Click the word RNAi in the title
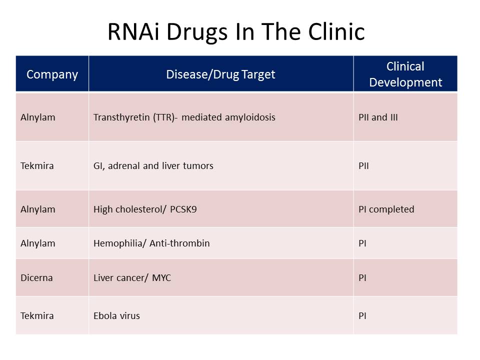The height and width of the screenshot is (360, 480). tap(133, 31)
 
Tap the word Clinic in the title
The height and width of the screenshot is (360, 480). tap(336, 31)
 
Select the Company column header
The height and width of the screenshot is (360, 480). tap(52, 74)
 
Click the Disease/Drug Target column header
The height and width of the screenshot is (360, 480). tap(220, 74)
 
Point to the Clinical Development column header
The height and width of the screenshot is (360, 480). tap(405, 74)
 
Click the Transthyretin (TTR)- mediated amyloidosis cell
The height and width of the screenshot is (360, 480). tap(184, 117)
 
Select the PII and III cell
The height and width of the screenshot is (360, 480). tap(378, 117)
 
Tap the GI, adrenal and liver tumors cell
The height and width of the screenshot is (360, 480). tap(153, 165)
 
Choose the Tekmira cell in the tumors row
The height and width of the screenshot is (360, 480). tap(37, 165)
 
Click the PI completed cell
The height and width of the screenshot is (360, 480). tap(386, 209)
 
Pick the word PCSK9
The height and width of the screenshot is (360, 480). tap(183, 209)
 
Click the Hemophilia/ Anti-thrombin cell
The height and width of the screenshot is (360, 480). tap(151, 243)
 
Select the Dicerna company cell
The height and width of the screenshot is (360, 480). tap(36, 277)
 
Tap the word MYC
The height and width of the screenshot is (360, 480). tap(161, 277)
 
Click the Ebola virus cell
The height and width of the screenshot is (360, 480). tap(116, 315)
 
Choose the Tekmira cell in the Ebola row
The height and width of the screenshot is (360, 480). tap(37, 315)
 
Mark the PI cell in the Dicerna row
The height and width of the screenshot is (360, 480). tap(362, 277)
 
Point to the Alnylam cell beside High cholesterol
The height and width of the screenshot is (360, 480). tap(37, 209)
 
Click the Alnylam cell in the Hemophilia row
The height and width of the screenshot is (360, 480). tap(37, 243)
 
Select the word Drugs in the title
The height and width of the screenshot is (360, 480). tap(197, 32)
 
